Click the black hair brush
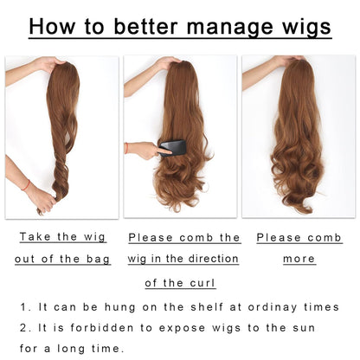[172, 148]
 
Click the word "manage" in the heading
[229, 28]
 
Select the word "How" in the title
[52, 26]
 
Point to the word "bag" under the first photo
[98, 260]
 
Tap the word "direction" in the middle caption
[214, 259]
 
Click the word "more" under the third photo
[299, 259]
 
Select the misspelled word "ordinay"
[273, 308]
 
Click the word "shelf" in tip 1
[207, 307]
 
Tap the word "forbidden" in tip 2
[102, 328]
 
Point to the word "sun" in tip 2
[304, 328]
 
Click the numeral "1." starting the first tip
[26, 307]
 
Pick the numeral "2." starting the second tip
[26, 328]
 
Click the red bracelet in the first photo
[26, 185]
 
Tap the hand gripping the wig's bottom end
[42, 200]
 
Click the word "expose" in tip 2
[182, 329]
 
